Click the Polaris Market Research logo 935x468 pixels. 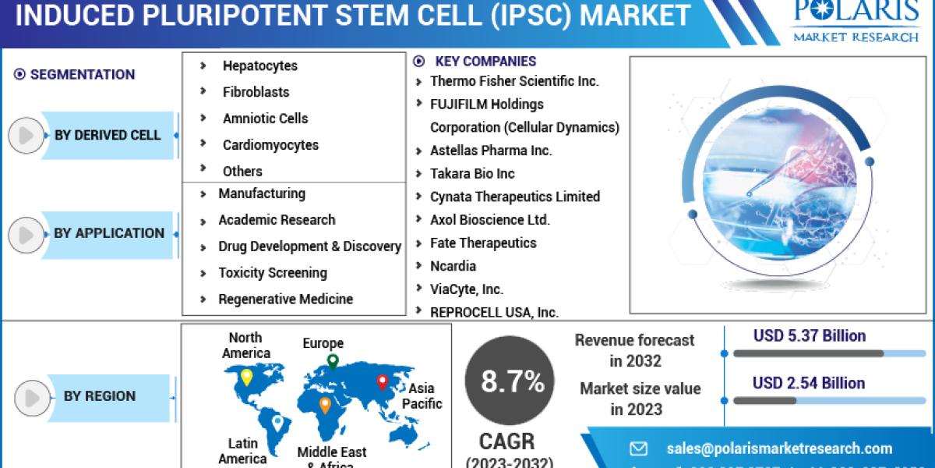click(855, 22)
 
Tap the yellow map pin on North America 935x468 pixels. click(246, 377)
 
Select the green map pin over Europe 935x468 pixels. click(333, 361)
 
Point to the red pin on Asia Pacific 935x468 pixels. click(383, 382)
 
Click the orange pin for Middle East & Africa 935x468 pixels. click(325, 404)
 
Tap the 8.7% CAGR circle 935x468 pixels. click(512, 381)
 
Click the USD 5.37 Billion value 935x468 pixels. click(809, 336)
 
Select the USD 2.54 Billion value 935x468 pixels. click(809, 383)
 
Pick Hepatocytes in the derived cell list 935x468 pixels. click(260, 66)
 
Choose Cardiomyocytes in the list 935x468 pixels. click(270, 145)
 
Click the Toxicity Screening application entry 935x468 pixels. click(273, 273)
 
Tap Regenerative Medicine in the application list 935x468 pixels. click(285, 300)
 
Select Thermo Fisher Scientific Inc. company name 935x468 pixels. click(514, 81)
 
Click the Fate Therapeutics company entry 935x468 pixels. click(483, 243)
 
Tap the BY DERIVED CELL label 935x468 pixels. click(108, 136)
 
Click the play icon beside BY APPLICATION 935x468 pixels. click(26, 234)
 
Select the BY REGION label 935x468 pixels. click(100, 396)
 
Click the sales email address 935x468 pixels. click(779, 448)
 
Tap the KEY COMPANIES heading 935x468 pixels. click(485, 61)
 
